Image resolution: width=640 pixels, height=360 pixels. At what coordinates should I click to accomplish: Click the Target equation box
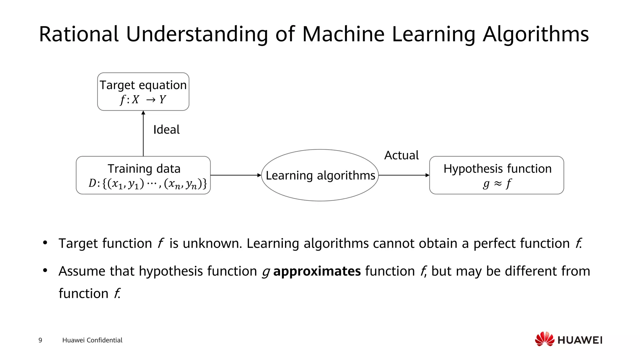[143, 92]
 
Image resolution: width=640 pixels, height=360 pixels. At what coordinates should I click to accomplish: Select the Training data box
[143, 175]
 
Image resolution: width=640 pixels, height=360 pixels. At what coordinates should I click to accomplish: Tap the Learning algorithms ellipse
[320, 175]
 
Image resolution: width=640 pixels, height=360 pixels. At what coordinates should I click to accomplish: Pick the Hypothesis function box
[497, 175]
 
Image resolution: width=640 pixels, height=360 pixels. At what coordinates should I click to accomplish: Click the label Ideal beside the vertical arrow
[166, 130]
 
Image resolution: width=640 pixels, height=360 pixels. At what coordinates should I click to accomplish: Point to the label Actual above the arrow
[401, 155]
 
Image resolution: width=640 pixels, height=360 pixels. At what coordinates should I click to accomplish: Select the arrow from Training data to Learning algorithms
[236, 175]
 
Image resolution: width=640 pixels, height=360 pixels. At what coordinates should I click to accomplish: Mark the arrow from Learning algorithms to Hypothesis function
[404, 175]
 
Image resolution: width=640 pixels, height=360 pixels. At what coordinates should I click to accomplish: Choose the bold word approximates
[317, 271]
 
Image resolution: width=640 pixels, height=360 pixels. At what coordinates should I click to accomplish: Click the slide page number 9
[40, 340]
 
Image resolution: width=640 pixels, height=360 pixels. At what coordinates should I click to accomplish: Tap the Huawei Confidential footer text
[92, 340]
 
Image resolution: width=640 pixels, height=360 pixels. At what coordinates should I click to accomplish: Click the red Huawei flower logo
[544, 339]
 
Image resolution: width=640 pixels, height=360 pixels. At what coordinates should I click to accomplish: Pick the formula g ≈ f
[497, 183]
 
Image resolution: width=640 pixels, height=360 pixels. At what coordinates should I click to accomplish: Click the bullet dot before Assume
[45, 270]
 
